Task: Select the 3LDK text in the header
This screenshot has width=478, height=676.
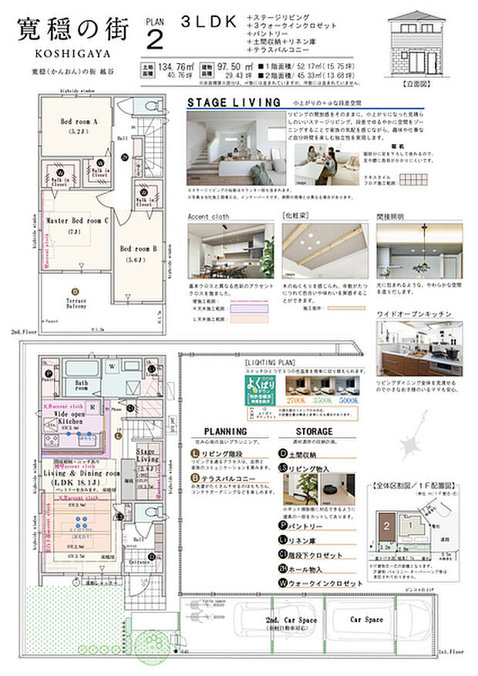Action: pyautogui.click(x=207, y=23)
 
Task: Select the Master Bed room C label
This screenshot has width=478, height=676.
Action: pyautogui.click(x=77, y=221)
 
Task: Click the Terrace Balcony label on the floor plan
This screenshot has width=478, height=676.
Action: pyautogui.click(x=76, y=303)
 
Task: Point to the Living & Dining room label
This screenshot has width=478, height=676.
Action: pyautogui.click(x=82, y=473)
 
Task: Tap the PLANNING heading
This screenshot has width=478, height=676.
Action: pyautogui.click(x=225, y=432)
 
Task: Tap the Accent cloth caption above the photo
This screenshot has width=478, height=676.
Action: pyautogui.click(x=209, y=217)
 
